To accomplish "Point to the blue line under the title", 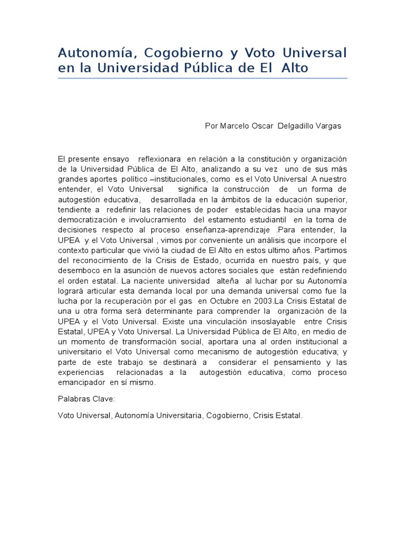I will pos(202,79).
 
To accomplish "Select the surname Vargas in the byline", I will pos(329,126).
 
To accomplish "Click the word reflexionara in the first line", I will pos(160,159).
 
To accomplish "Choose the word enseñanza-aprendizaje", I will pos(234,230).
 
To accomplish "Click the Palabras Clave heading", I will pos(83,399).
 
